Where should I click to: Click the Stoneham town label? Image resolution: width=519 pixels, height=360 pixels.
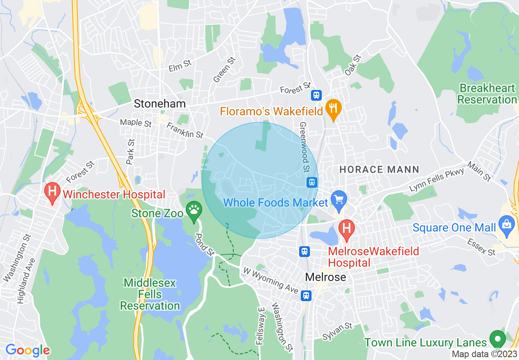(160, 104)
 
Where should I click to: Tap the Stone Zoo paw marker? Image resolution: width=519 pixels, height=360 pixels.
(194, 210)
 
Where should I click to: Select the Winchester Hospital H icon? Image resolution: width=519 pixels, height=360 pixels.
(52, 191)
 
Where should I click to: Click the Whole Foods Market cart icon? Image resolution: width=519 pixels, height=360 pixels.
(339, 200)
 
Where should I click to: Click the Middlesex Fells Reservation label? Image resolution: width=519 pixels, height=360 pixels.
(150, 294)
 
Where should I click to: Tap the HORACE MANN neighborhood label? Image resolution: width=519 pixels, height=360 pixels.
(379, 169)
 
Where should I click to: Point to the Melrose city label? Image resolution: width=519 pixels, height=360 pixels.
(325, 277)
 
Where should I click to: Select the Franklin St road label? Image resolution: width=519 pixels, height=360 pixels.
(185, 129)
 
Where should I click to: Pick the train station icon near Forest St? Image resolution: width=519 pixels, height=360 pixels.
(316, 95)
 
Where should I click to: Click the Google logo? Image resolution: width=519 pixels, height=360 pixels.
(27, 350)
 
